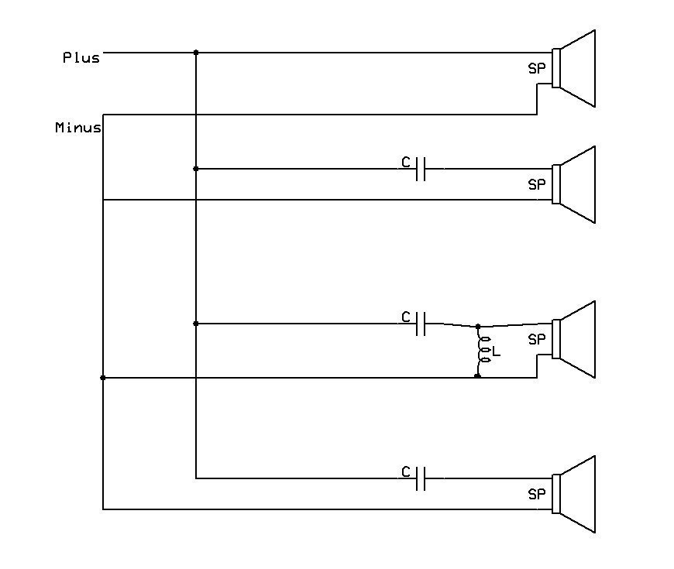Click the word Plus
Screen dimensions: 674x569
tap(81, 57)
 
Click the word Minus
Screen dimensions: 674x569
tap(78, 128)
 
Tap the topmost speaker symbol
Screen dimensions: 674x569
tap(573, 68)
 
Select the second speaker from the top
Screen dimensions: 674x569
tap(573, 184)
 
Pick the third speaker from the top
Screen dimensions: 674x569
tap(573, 339)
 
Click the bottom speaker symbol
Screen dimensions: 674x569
tap(573, 494)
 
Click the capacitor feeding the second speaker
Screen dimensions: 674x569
tap(421, 169)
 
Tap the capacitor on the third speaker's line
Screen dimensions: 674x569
tap(421, 324)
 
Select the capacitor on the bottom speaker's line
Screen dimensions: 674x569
tap(421, 478)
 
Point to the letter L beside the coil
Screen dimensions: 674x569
tap(497, 352)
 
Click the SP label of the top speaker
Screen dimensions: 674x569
tap(536, 68)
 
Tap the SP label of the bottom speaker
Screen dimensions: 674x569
tap(536, 494)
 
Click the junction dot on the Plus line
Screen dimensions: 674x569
tap(196, 53)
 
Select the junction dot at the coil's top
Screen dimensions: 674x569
tap(478, 327)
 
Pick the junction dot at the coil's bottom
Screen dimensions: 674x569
tap(477, 376)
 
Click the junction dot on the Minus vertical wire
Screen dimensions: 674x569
tap(103, 378)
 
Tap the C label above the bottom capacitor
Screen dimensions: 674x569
tap(406, 472)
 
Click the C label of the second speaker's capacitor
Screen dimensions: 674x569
tap(406, 163)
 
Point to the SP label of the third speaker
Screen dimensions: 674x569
tap(536, 339)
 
